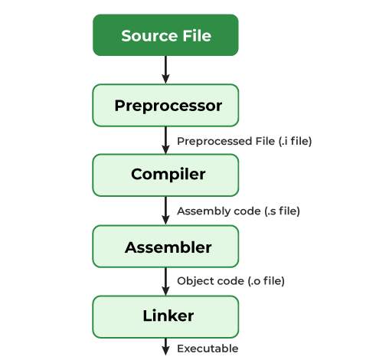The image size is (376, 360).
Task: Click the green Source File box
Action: pyautogui.click(x=165, y=36)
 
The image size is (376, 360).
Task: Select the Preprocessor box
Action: pyautogui.click(x=165, y=105)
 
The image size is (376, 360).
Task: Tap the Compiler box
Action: pyautogui.click(x=165, y=175)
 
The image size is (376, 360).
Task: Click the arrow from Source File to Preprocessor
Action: pyautogui.click(x=165, y=70)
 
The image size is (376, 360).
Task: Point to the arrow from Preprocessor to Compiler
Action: pyautogui.click(x=165, y=140)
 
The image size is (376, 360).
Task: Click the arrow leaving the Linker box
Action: pyautogui.click(x=165, y=346)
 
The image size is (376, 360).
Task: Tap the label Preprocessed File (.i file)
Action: pyautogui.click(x=244, y=141)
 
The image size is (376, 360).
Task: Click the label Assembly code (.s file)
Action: pyautogui.click(x=238, y=211)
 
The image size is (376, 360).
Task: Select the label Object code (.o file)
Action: pyautogui.click(x=231, y=281)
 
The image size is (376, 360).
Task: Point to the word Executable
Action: pyautogui.click(x=208, y=349)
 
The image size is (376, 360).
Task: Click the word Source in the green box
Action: pyautogui.click(x=145, y=36)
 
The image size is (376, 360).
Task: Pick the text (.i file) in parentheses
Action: pyautogui.click(x=292, y=141)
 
